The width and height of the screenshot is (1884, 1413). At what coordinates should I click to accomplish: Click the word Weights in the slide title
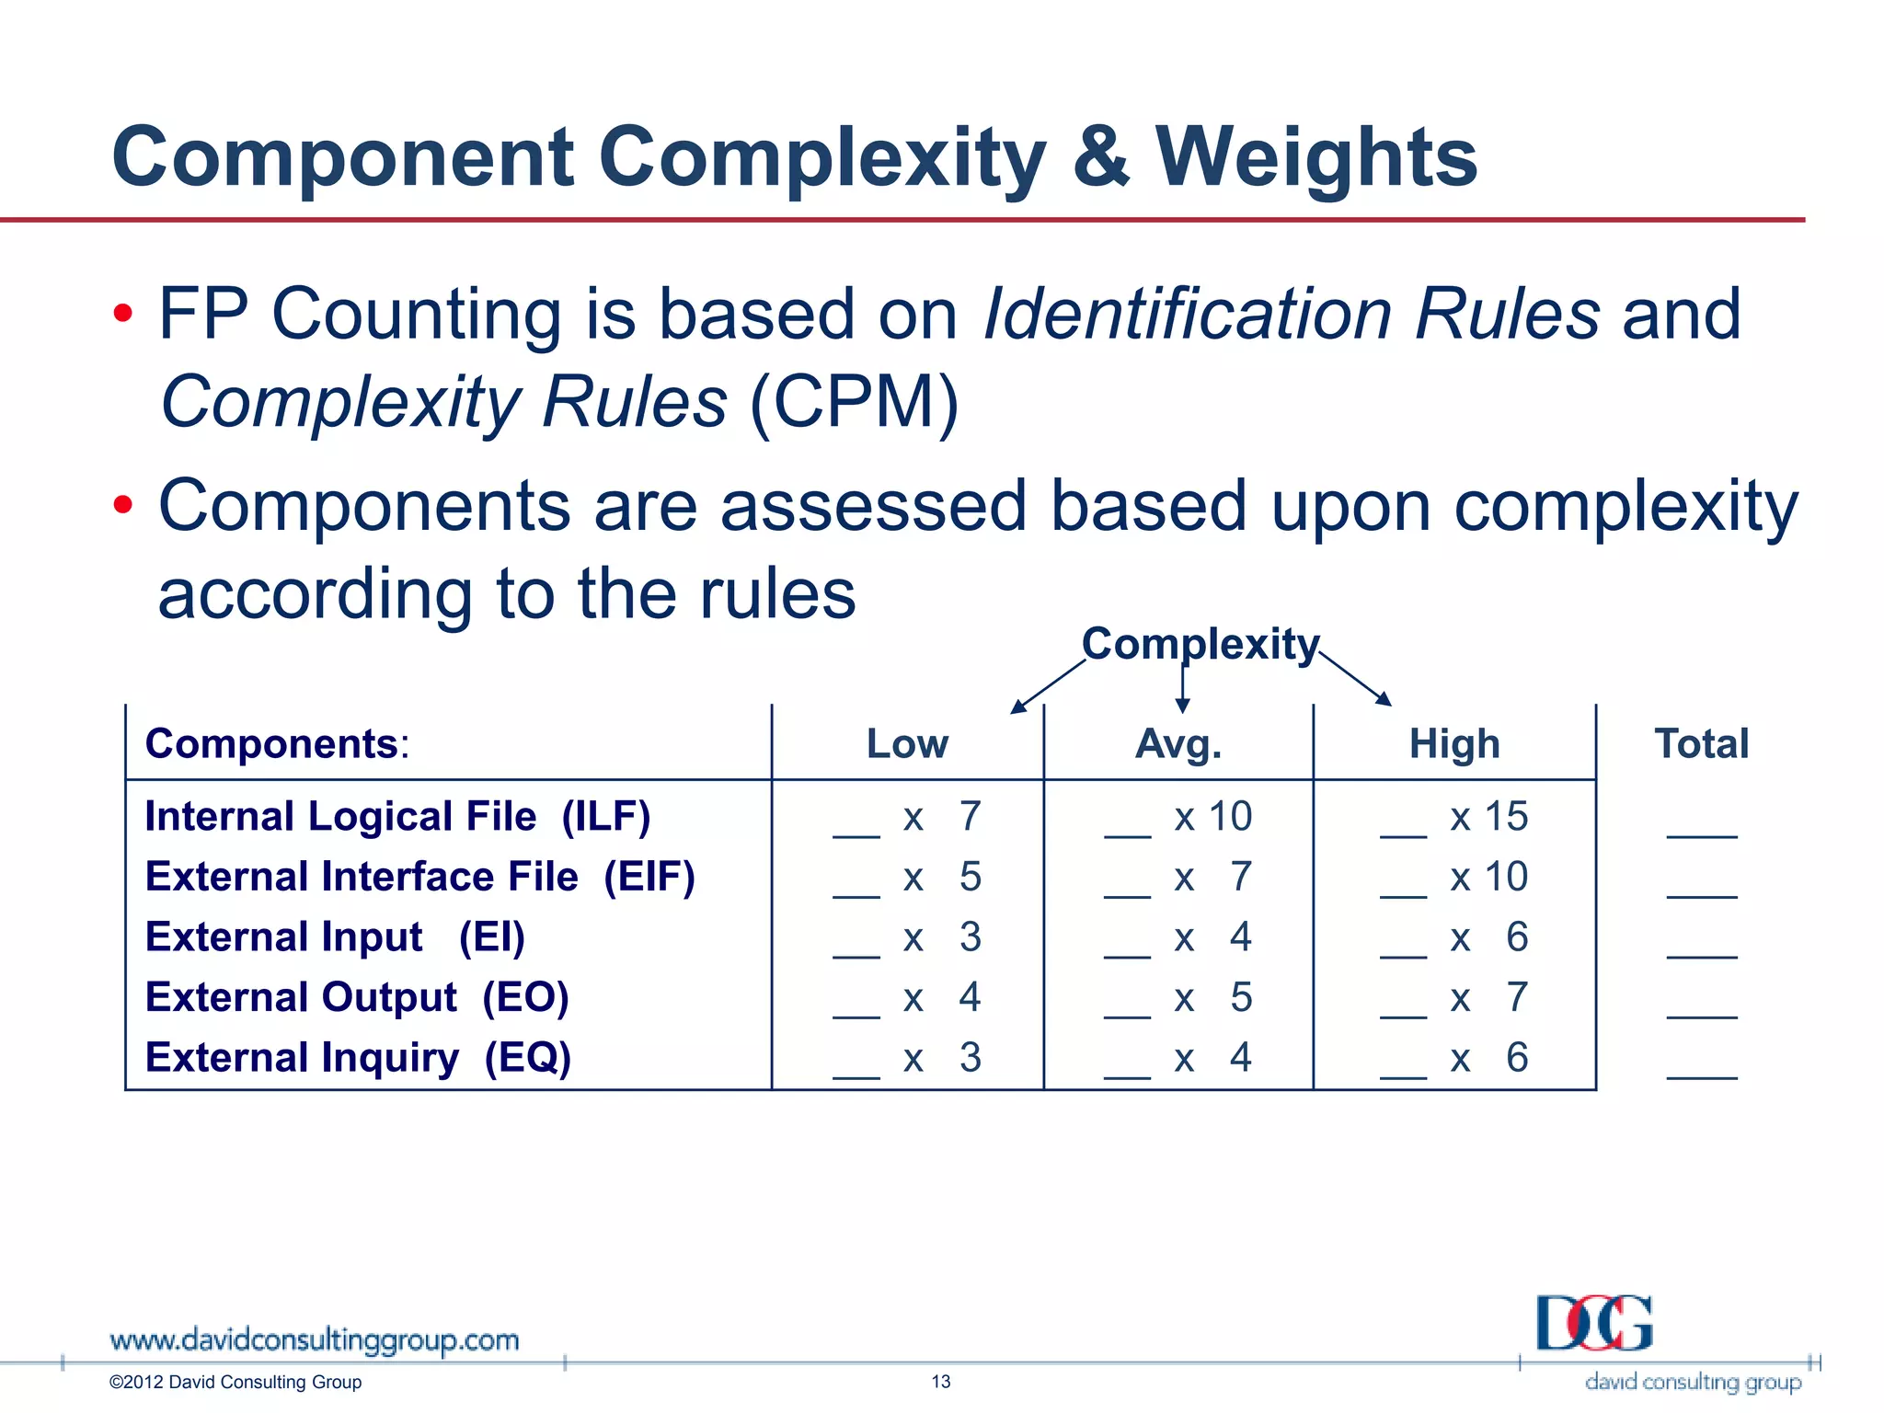point(1315,158)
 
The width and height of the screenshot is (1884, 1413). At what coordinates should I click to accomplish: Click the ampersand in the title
point(1100,156)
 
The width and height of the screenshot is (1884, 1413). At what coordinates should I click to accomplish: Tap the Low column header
point(907,743)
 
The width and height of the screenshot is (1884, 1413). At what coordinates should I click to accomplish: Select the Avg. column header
point(1178,743)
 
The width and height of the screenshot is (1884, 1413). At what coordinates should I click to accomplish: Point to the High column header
point(1454,743)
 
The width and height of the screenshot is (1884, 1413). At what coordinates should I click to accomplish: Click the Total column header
point(1701,743)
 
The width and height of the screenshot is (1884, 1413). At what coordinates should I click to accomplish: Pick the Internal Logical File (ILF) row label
point(397,816)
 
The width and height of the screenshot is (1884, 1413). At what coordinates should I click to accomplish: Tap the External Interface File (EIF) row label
point(419,876)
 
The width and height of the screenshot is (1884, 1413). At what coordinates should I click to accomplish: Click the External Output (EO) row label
point(357,997)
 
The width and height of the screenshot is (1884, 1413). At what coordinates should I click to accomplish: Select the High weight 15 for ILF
point(1506,816)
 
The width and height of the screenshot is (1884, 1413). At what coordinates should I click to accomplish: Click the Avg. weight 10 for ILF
point(1230,816)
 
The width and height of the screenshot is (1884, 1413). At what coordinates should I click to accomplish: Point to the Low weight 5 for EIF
point(971,876)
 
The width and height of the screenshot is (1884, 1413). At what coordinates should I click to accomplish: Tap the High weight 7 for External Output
point(1517,997)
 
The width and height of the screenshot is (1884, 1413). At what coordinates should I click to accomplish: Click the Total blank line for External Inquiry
point(1701,1072)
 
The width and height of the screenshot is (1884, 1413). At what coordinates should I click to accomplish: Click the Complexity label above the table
point(1200,643)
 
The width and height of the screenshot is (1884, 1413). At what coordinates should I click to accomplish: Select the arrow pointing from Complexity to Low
point(1049,686)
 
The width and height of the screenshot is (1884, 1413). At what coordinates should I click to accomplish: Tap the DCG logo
point(1594,1324)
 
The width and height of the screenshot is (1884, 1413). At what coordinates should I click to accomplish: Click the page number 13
point(941,1382)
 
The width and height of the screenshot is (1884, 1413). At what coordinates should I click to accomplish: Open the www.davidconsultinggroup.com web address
point(314,1340)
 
